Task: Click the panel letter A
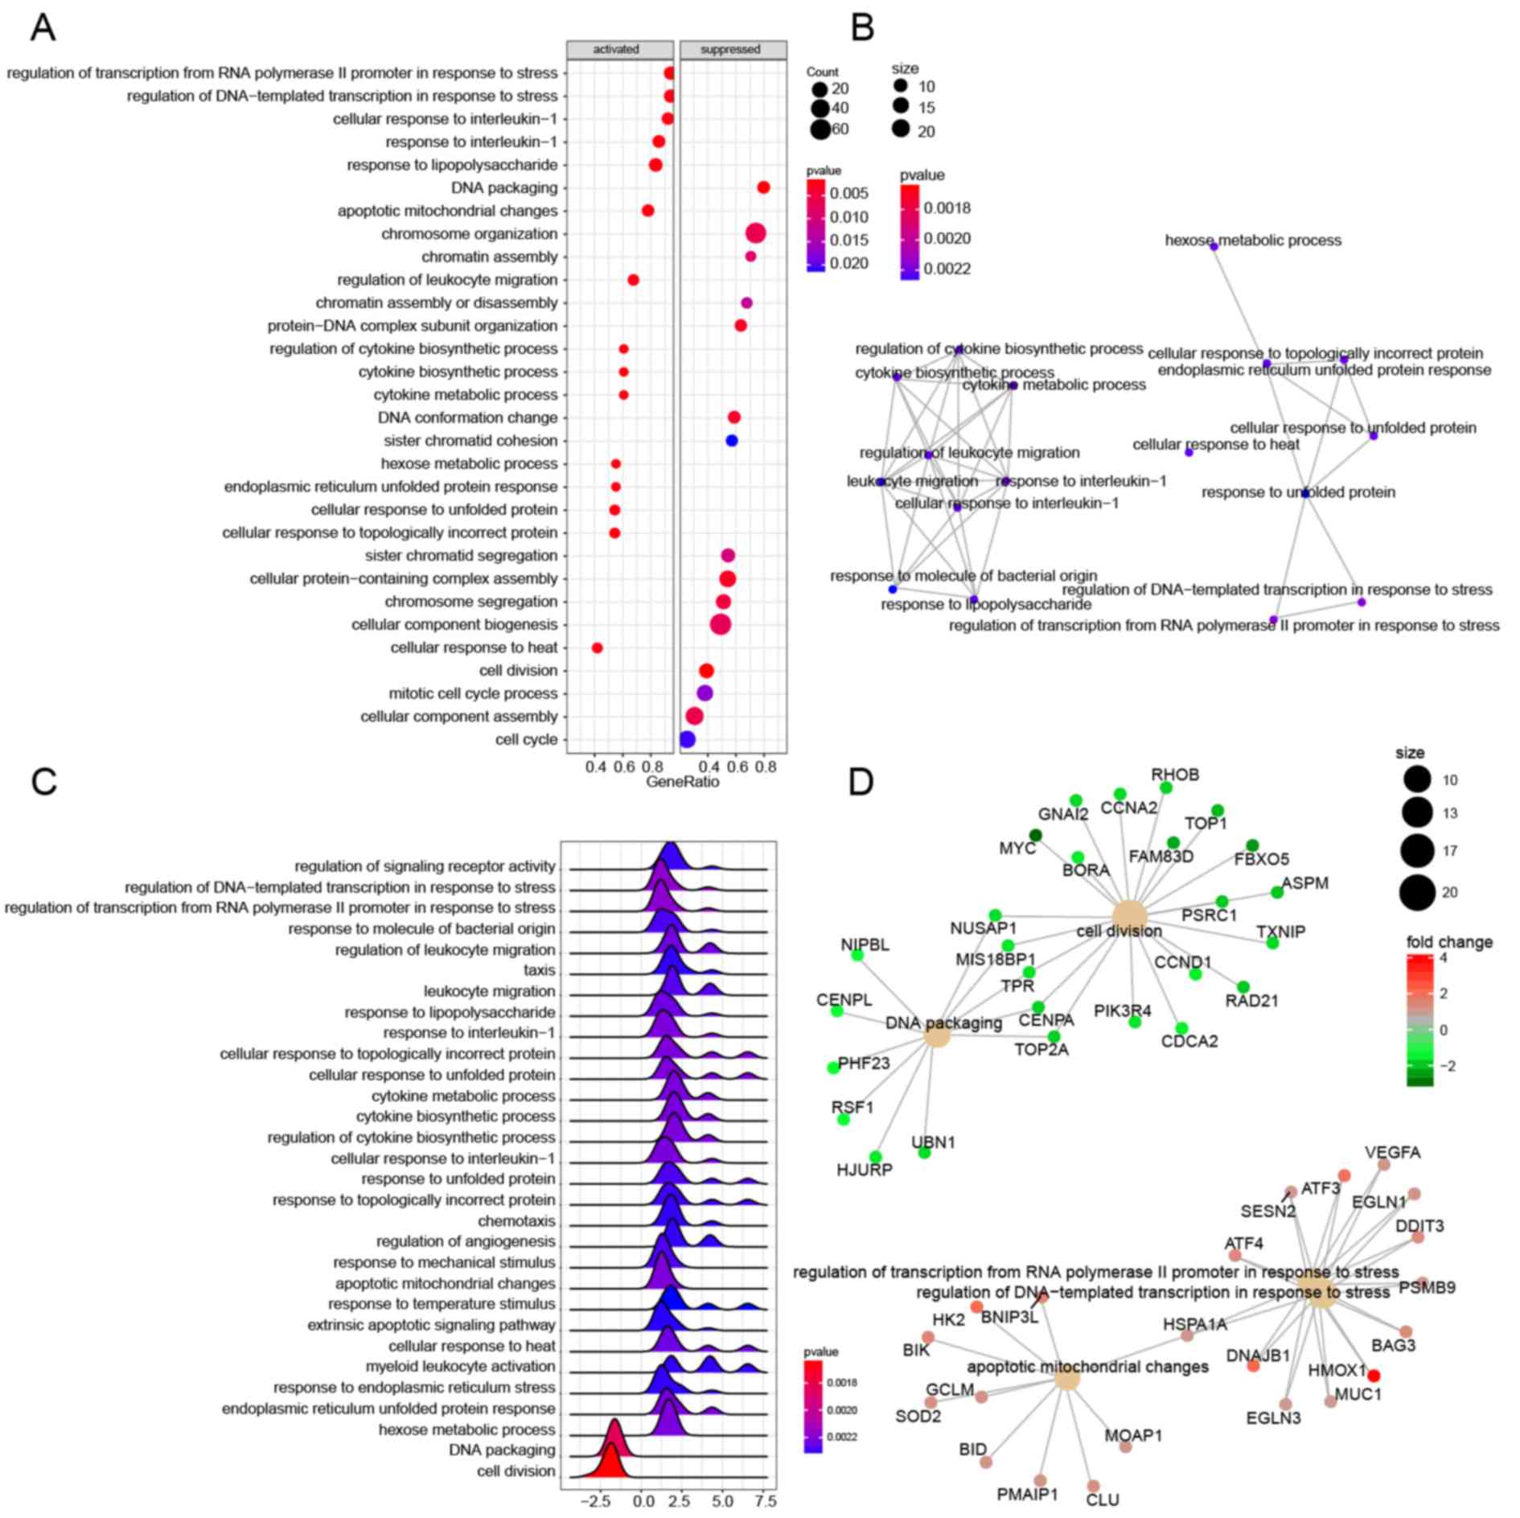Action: (43, 28)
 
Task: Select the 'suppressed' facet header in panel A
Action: (730, 50)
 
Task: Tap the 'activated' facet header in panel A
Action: (616, 50)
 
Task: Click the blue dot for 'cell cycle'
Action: (687, 739)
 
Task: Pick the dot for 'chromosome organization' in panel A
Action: (755, 234)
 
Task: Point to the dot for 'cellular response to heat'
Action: (597, 648)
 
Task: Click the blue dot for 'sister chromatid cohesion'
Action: (731, 441)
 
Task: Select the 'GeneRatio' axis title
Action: (682, 782)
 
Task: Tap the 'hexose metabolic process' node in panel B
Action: (1214, 246)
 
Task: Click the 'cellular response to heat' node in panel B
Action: (1189, 452)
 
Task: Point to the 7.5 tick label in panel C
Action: (766, 1501)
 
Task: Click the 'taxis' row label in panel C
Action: (539, 970)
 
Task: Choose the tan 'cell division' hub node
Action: (1129, 917)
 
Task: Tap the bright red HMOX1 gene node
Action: (1374, 1376)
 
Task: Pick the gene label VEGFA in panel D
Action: (1392, 1153)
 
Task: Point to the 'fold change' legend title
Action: (1449, 942)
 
